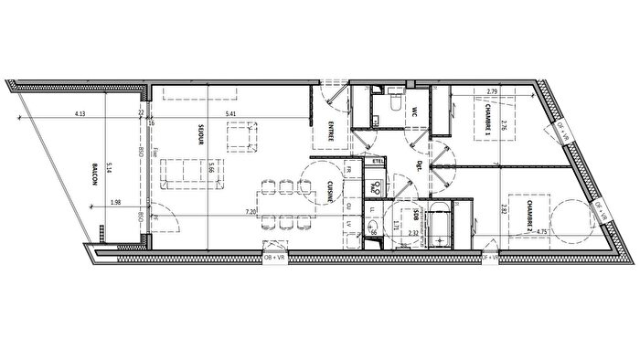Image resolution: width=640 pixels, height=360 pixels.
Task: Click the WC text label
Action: pyautogui.click(x=413, y=113)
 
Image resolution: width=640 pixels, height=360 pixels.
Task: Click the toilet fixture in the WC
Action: pyautogui.click(x=390, y=103)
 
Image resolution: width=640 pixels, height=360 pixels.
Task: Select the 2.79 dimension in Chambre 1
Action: pyautogui.click(x=492, y=91)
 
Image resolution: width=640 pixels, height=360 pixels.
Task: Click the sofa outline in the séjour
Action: pyautogui.click(x=187, y=172)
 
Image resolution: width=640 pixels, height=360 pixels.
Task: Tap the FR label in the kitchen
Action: pyautogui.click(x=350, y=168)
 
